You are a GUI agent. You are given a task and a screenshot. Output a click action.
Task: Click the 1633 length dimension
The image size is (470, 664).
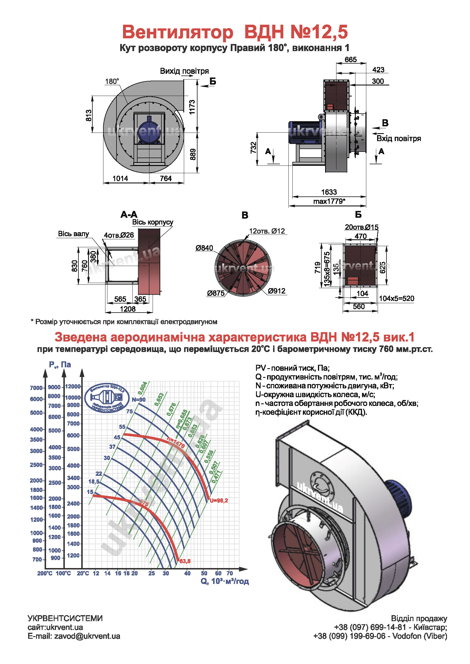[x=329, y=192]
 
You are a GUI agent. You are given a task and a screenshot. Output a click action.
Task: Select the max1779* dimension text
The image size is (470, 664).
[x=329, y=201]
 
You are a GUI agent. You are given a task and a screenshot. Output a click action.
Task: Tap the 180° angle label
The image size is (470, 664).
[x=112, y=81]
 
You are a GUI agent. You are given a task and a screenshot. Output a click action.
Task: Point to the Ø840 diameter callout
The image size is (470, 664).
[x=204, y=248]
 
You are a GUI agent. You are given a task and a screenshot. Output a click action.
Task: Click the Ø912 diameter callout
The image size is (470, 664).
[x=276, y=291]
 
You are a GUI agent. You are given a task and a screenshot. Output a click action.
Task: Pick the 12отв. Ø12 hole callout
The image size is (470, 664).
[x=267, y=231]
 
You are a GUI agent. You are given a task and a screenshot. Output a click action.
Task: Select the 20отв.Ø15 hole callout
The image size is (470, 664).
[x=361, y=227]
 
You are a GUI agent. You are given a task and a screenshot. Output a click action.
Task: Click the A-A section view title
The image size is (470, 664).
[x=129, y=215]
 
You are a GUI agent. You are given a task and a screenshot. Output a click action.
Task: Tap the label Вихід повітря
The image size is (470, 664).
[x=184, y=71]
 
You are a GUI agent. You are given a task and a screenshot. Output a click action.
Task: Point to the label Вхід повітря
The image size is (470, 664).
[x=398, y=139]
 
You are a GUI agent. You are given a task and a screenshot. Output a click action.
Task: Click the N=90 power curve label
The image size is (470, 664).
[x=139, y=400]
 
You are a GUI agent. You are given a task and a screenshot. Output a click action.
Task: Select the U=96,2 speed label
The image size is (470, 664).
[x=219, y=500]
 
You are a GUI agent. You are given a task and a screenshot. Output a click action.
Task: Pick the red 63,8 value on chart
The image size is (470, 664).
[x=185, y=561]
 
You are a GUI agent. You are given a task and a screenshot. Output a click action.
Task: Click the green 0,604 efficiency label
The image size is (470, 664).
[x=142, y=388]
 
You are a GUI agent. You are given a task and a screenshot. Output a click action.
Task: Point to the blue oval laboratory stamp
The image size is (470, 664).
[x=107, y=398]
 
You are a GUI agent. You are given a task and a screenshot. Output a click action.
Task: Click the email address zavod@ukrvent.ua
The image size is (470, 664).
[x=87, y=636]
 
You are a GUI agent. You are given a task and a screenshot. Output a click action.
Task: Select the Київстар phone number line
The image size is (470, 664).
[x=390, y=627]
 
